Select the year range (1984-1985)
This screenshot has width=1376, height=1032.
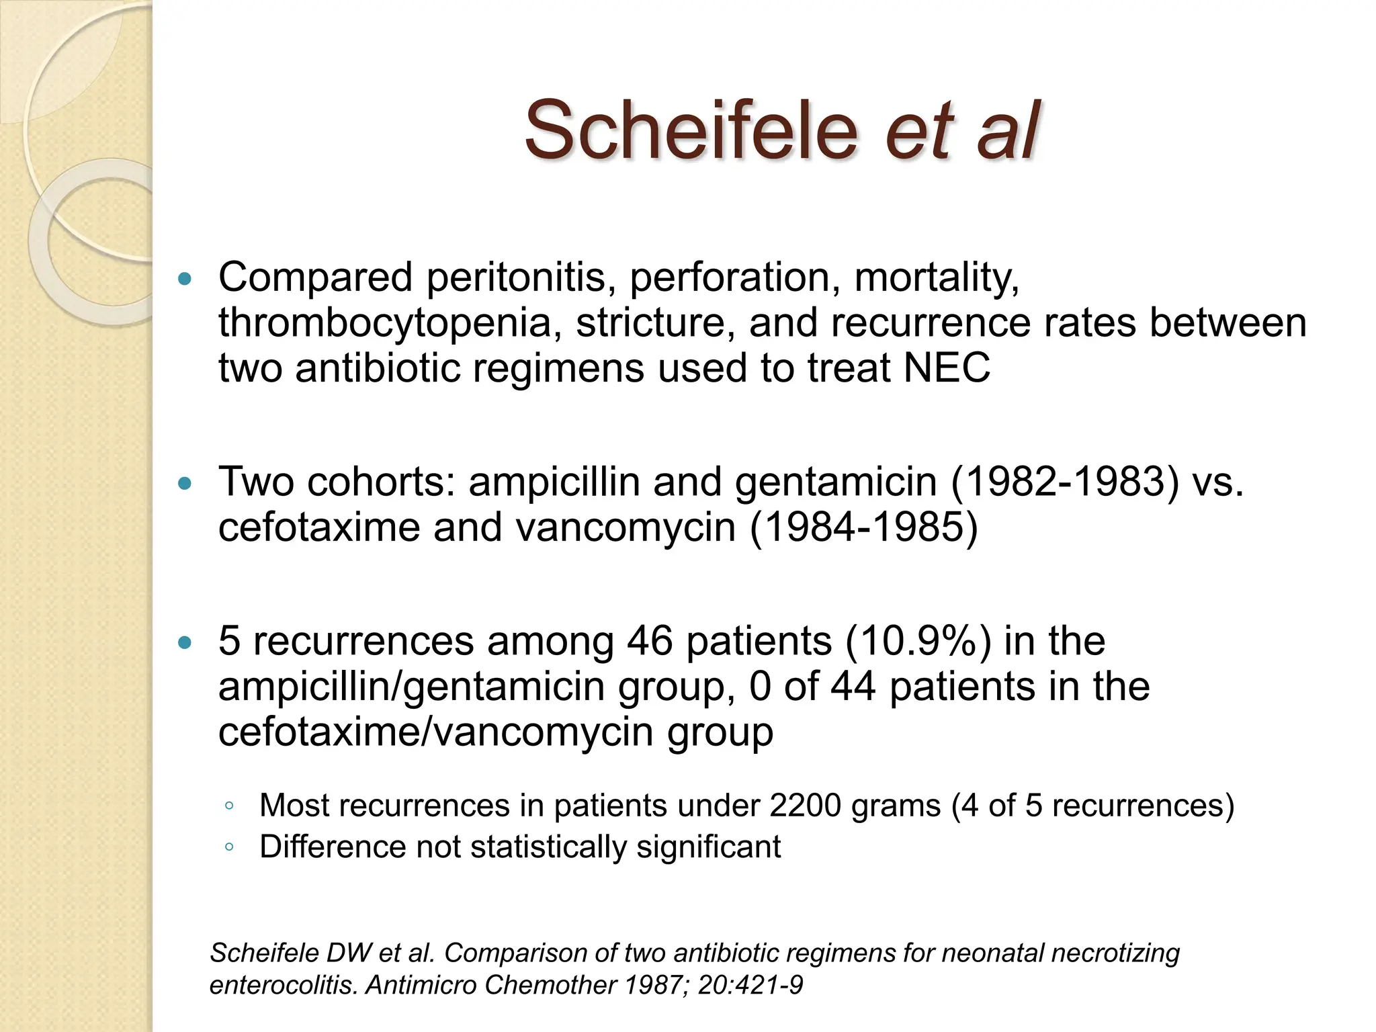point(863,527)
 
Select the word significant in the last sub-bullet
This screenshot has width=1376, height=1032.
point(708,846)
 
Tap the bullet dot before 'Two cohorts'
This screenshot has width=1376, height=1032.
point(185,483)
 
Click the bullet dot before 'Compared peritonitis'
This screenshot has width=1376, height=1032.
point(185,278)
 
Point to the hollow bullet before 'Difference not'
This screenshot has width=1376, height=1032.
point(229,847)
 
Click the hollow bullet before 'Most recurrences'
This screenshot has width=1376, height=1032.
point(229,806)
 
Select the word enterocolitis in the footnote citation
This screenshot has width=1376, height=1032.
point(283,985)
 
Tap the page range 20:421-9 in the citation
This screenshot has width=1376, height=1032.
point(750,985)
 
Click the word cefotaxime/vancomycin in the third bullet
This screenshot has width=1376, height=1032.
point(435,732)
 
